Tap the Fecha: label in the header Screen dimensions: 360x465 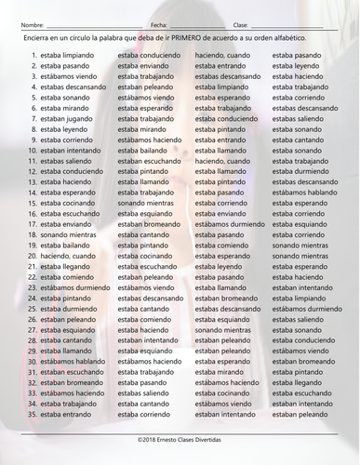coord(158,25)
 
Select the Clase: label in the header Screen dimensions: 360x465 coord(241,25)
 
